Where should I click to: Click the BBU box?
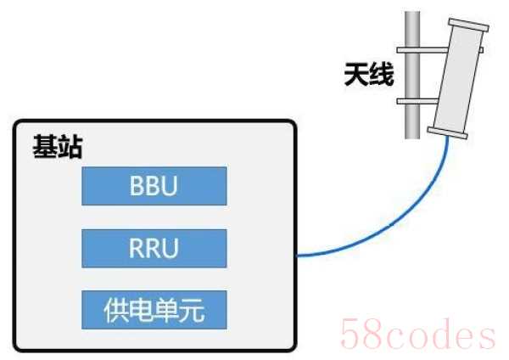tap(154, 186)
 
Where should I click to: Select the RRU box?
tap(154, 248)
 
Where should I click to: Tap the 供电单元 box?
tap(154, 310)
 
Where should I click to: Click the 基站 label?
tap(58, 147)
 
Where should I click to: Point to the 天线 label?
tap(369, 75)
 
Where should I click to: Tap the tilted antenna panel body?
tap(458, 78)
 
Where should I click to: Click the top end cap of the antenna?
tap(469, 25)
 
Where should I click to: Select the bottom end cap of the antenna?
tap(448, 133)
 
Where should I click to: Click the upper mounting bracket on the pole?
tap(422, 50)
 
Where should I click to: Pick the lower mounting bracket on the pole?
tap(417, 101)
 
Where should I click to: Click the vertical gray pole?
tap(412, 75)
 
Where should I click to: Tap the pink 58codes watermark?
tap(418, 334)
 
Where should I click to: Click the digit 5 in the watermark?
tap(350, 334)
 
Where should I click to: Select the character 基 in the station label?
tap(45, 147)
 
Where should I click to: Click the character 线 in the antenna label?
tap(382, 75)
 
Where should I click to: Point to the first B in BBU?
tap(137, 186)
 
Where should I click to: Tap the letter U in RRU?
tap(171, 248)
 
